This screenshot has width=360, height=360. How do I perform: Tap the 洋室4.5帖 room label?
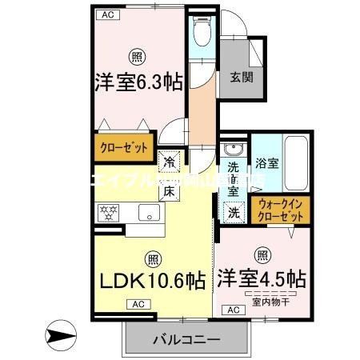tap(262, 281)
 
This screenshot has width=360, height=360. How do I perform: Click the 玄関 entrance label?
tap(242, 78)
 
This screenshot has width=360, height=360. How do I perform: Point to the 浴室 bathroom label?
tap(266, 163)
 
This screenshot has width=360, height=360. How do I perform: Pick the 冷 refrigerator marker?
tap(170, 162)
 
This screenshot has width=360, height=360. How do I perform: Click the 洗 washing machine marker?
tap(234, 212)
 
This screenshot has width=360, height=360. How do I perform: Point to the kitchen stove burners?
tap(108, 212)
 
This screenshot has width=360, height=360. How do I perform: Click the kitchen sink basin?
tap(150, 212)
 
